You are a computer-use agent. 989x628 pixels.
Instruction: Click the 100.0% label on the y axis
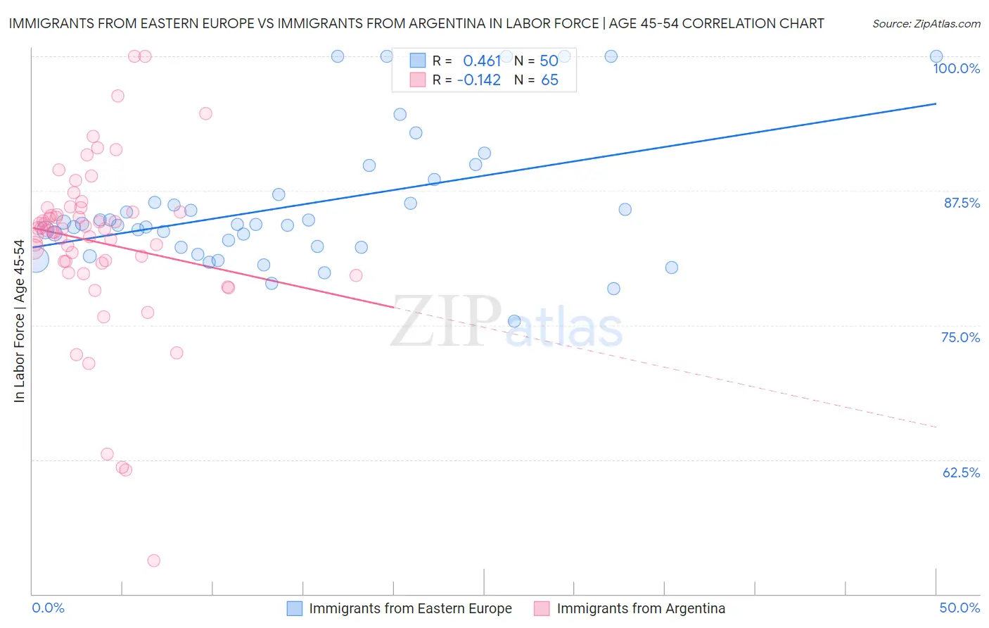point(956,68)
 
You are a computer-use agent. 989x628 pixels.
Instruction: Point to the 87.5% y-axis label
point(961,203)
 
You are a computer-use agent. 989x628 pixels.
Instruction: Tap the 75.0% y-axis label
point(960,337)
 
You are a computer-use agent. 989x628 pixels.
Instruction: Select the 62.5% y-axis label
point(961,472)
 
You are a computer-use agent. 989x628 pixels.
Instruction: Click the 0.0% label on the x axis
point(48,608)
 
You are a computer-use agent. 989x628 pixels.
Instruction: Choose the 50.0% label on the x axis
point(959,608)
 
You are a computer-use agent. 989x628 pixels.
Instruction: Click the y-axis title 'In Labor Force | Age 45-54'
point(19,321)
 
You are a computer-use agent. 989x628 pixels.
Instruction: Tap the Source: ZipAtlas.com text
point(926,23)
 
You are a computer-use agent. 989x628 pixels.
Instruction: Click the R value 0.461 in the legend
point(482,61)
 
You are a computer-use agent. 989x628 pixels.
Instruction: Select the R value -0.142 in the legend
point(479,80)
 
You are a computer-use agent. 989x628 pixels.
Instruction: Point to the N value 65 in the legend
point(549,80)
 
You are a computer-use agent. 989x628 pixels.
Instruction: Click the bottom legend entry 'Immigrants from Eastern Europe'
point(410,608)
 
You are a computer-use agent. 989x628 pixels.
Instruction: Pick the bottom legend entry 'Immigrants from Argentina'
point(640,608)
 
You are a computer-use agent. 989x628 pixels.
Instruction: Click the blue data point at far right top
point(936,56)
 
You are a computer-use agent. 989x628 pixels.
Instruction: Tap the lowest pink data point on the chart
point(154,560)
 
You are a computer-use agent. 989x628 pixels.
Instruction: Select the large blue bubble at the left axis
point(34,259)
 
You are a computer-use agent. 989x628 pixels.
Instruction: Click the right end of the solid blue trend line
point(936,103)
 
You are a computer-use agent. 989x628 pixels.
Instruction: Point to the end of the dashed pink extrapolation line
point(936,427)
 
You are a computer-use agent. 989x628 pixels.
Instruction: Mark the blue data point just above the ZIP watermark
point(514,321)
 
